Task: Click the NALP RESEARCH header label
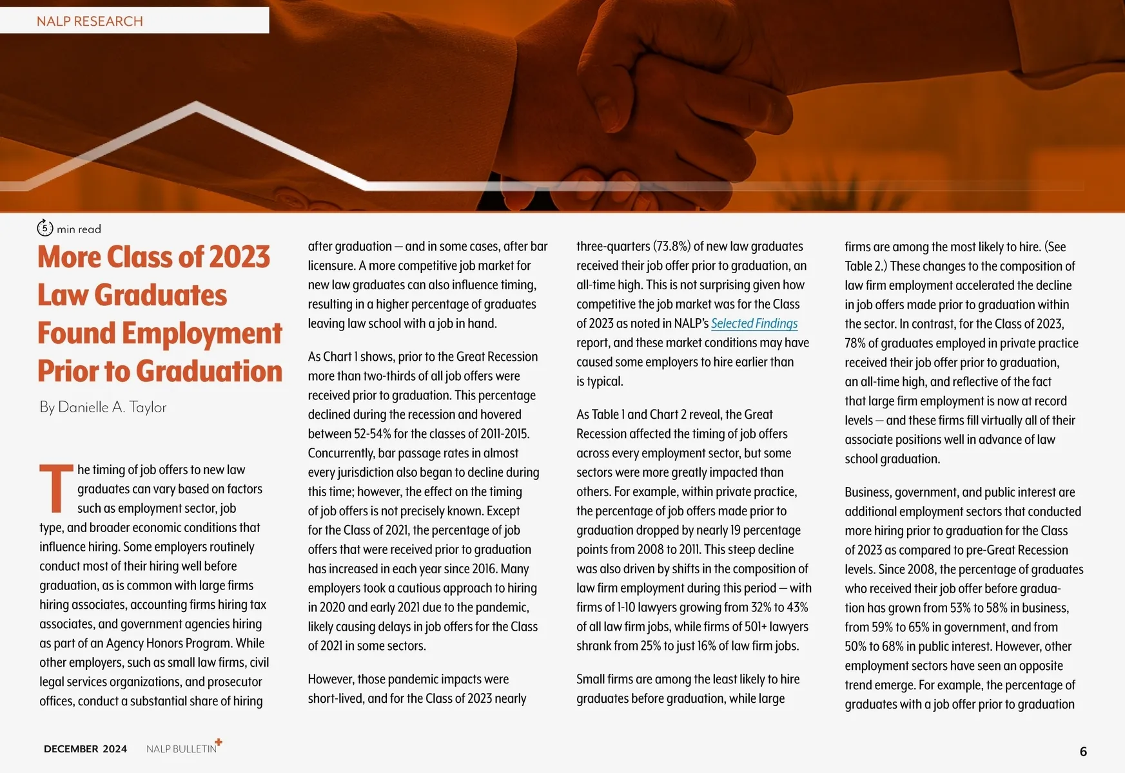coord(90,21)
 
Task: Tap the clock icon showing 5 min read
coord(44,227)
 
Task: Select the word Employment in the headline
coord(202,333)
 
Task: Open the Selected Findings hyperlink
coord(754,323)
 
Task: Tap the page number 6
coord(1083,751)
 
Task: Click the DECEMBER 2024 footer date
coord(85,749)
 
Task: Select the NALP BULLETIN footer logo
coord(181,749)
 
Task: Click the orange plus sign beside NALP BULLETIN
coord(219,742)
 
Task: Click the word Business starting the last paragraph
coord(868,492)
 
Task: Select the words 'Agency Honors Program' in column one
coord(168,643)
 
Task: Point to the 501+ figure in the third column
coord(755,626)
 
